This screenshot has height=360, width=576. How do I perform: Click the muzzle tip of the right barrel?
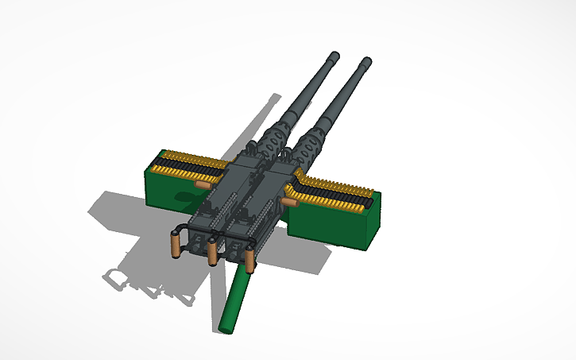click(x=366, y=61)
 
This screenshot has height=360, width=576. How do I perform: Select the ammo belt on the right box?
click(x=334, y=189)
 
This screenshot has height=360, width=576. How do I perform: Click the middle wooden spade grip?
click(x=213, y=254)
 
